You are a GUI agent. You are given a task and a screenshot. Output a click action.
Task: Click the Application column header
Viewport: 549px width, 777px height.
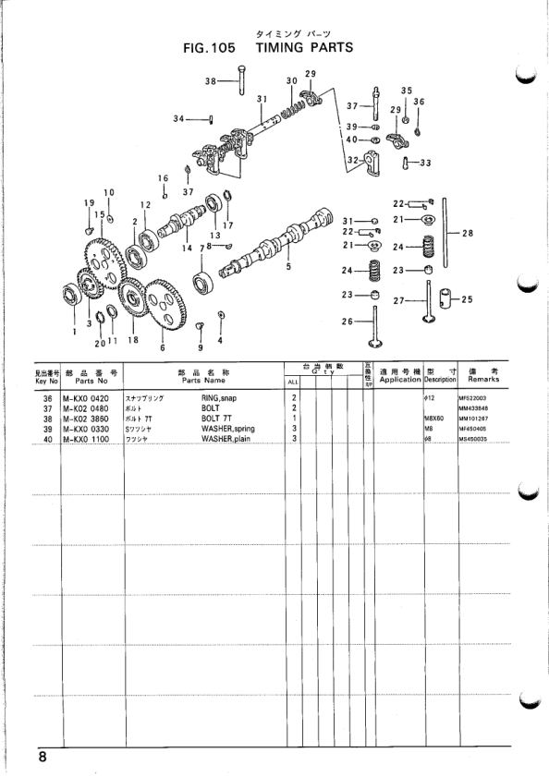tap(399, 379)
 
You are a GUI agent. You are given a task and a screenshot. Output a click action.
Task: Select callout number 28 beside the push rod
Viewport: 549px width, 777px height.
tap(467, 233)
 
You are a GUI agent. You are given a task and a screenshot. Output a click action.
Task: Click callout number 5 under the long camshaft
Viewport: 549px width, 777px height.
tap(288, 267)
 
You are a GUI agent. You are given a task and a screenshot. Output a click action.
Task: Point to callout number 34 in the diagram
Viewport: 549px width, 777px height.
tap(178, 118)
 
